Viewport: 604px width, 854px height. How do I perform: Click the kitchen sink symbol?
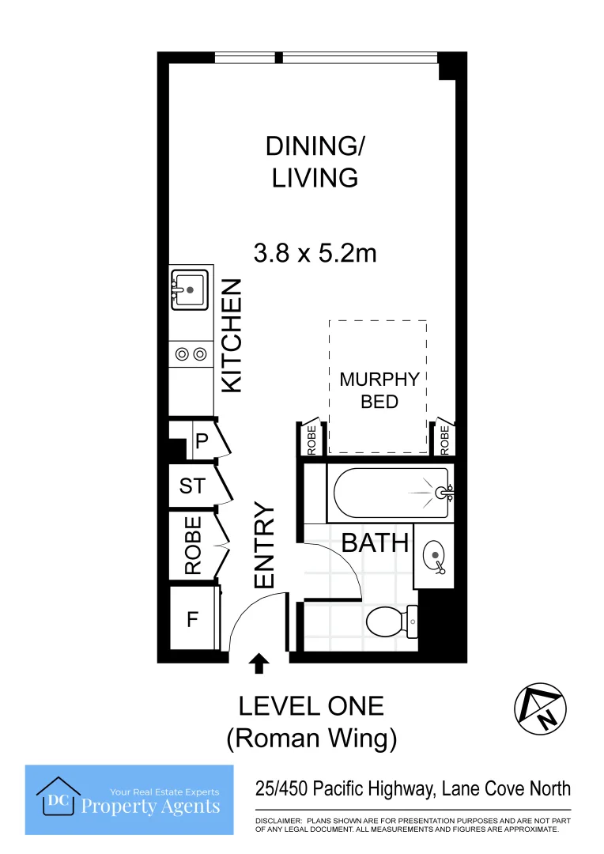190,289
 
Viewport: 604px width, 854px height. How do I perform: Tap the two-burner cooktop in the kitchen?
191,354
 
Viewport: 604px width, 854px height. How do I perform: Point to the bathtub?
392,493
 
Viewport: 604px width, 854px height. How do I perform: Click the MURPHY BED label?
379,390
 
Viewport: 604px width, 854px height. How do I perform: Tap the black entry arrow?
259,663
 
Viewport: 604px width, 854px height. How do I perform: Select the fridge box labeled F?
192,620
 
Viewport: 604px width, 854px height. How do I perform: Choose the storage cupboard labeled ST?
191,486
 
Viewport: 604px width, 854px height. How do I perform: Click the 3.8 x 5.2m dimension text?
315,253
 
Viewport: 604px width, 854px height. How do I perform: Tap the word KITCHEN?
231,335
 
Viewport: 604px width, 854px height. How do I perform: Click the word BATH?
375,543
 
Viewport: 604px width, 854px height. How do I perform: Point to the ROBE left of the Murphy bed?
311,440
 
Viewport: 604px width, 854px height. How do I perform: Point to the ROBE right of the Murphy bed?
444,440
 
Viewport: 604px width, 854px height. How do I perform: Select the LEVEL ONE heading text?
311,706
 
